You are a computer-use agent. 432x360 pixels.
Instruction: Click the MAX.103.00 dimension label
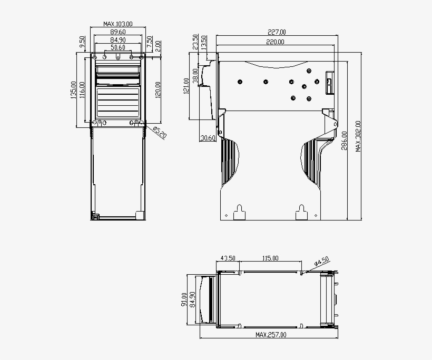(117, 24)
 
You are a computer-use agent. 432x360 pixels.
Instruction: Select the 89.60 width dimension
(117, 32)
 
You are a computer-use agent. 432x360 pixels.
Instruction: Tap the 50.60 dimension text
(117, 48)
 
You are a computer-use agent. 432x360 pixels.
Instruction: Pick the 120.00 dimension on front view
(158, 90)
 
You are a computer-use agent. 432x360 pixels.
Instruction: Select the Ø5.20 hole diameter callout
(160, 132)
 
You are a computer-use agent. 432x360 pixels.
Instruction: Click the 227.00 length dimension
(276, 33)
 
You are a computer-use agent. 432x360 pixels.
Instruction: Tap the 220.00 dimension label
(275, 42)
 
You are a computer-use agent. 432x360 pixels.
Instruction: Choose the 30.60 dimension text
(208, 138)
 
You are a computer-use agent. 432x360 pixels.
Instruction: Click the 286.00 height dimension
(345, 141)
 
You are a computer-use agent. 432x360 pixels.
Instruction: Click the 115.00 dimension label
(270, 258)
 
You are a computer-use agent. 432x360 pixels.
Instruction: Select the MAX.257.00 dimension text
(271, 335)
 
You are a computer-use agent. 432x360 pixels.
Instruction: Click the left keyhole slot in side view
(240, 211)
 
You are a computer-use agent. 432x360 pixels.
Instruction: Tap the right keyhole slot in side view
(301, 211)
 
